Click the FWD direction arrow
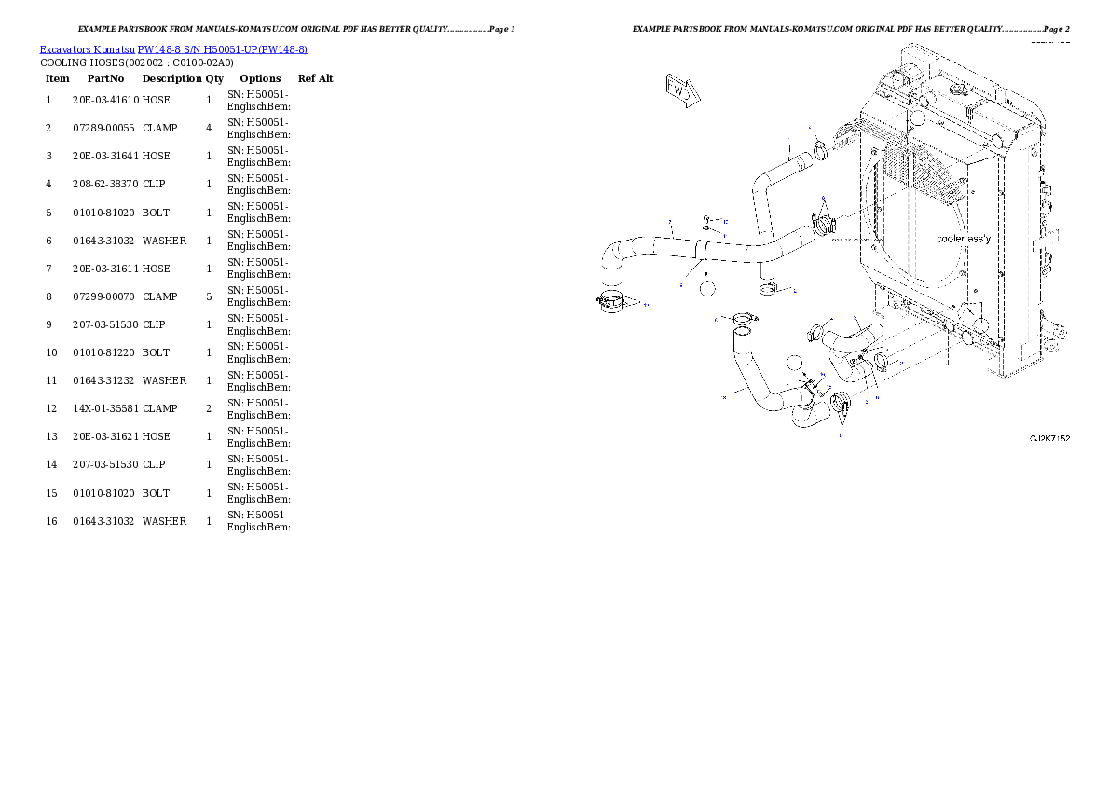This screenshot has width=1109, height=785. (x=680, y=90)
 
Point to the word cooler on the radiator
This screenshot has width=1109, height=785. (x=951, y=239)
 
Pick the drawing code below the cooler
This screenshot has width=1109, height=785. (x=1048, y=437)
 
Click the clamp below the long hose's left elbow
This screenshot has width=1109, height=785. (x=613, y=302)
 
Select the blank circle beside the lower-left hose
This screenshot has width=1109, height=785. (x=794, y=365)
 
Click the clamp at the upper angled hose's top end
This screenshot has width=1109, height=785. (x=820, y=149)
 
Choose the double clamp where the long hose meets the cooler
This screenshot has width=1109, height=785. (x=821, y=225)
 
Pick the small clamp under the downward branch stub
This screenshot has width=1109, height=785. (x=770, y=290)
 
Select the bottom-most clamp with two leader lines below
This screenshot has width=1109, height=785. (x=841, y=406)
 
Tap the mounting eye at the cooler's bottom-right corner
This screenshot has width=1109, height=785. (x=1054, y=342)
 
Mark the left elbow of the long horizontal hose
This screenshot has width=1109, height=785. (x=613, y=255)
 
